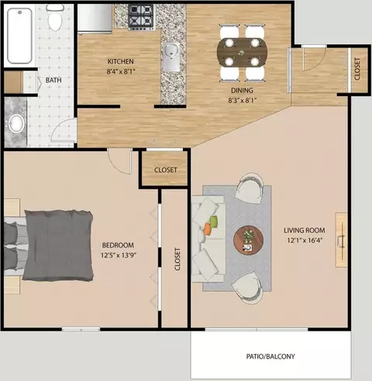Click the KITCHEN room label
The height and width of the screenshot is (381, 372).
tap(120, 61)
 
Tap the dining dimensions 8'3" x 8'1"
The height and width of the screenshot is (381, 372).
tap(242, 100)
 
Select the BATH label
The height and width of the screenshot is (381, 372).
tap(53, 80)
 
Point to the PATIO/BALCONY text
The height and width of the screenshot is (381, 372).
tap(270, 356)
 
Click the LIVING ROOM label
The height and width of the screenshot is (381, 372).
tap(305, 230)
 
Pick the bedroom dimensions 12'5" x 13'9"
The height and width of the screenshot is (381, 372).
tap(119, 255)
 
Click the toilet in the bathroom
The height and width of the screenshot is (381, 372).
tap(55, 18)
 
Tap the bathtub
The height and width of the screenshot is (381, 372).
tap(19, 36)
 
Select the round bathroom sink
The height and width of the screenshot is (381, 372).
tap(16, 123)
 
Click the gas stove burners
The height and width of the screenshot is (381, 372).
tap(142, 17)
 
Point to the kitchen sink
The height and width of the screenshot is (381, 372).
tap(171, 57)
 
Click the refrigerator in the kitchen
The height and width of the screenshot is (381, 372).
tap(95, 19)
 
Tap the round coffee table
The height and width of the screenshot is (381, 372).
tap(249, 241)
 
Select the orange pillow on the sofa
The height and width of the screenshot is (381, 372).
tap(208, 229)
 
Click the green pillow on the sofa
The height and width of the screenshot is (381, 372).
tap(214, 222)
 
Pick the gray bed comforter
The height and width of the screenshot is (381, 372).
tap(58, 245)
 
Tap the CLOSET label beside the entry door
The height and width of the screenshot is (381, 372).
tap(357, 69)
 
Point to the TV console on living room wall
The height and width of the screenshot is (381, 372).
tap(341, 240)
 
